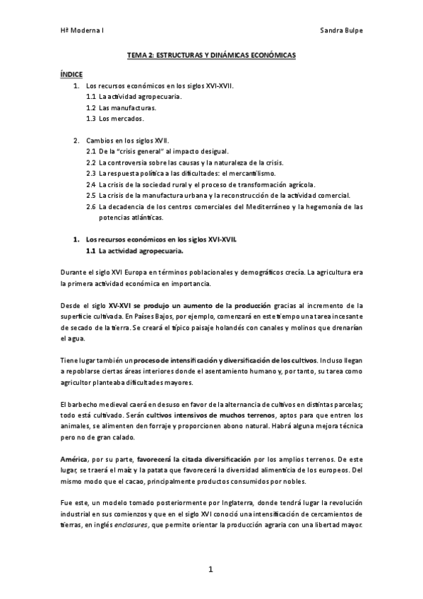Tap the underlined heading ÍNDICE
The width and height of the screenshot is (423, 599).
tap(71, 73)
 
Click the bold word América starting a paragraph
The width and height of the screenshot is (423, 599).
tap(73, 460)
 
